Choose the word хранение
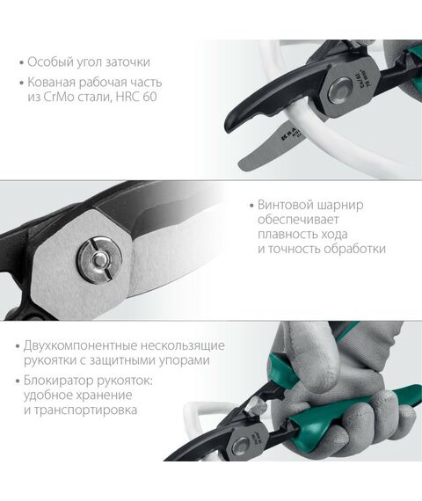(116, 396)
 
